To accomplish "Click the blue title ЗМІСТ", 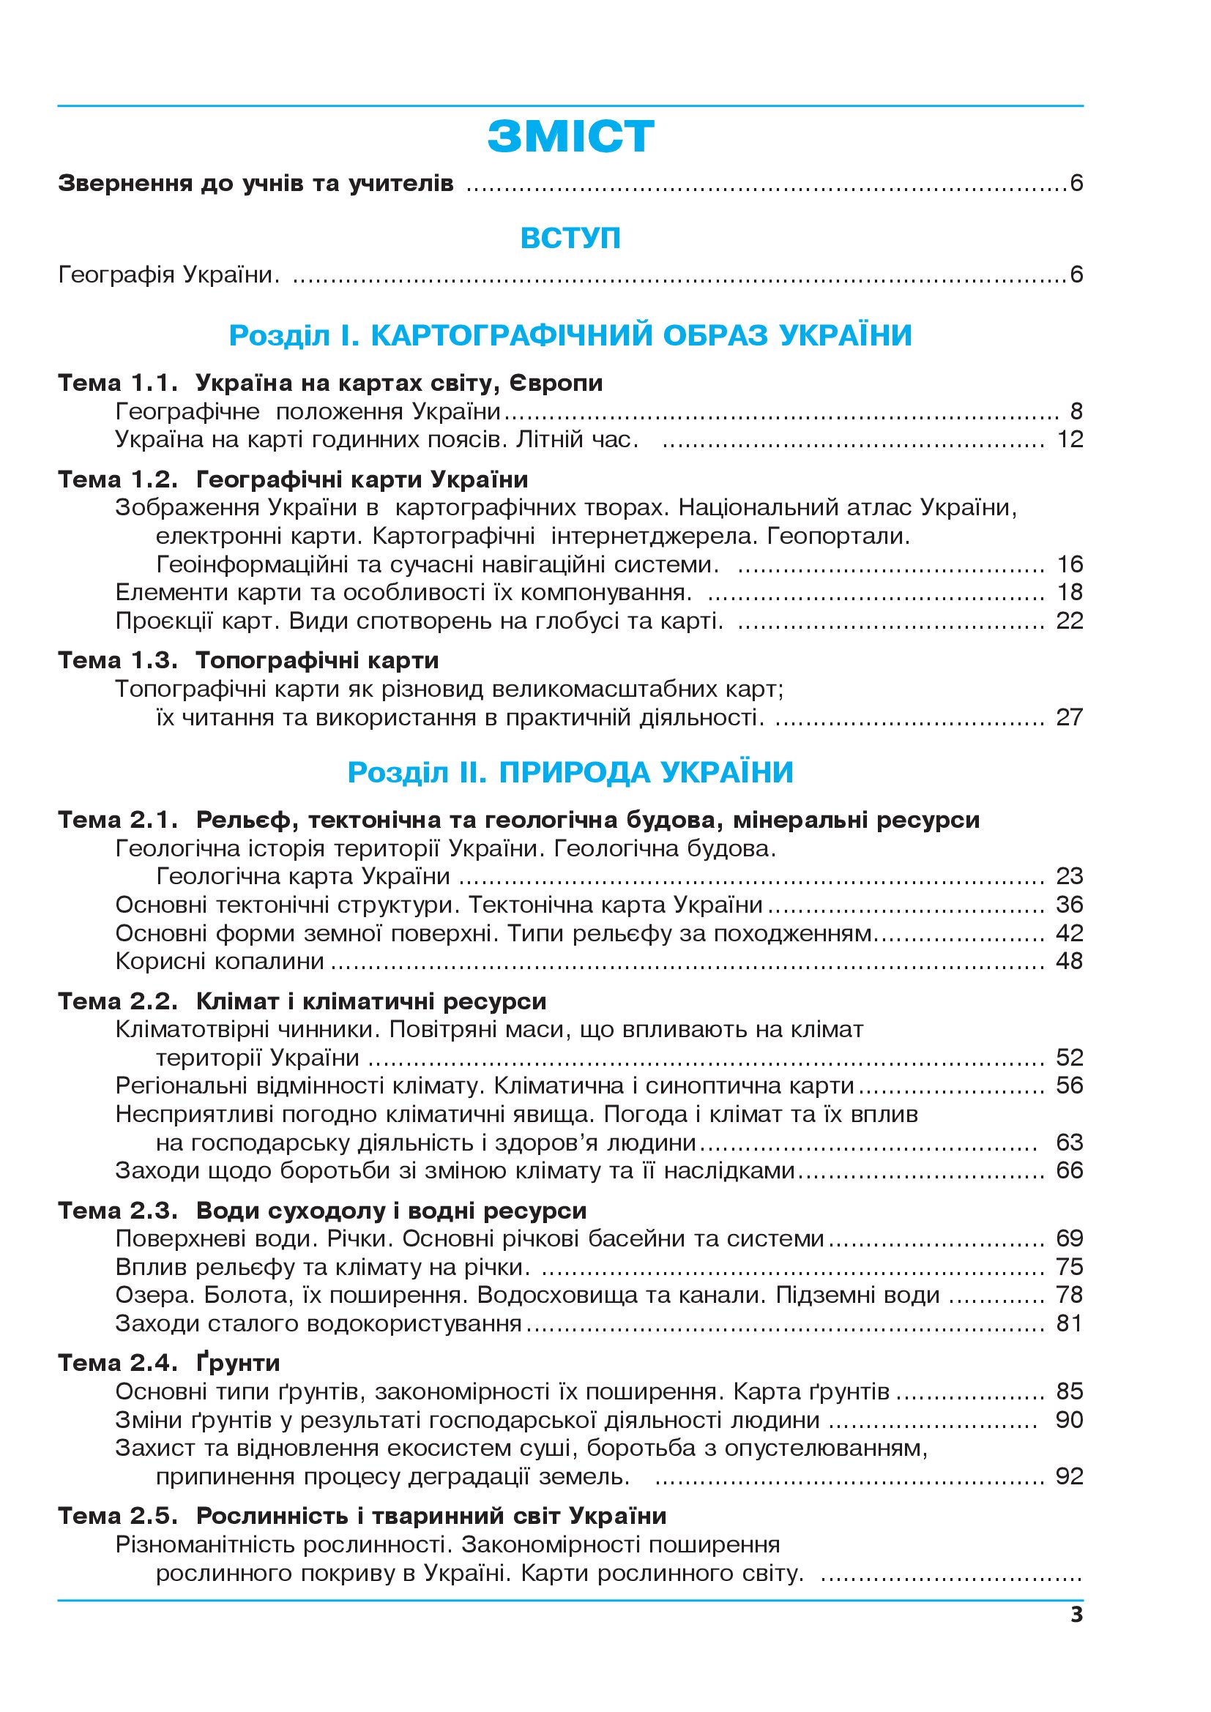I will (570, 137).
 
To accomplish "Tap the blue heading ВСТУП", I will (570, 238).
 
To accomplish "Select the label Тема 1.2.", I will (118, 479).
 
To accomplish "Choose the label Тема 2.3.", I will (118, 1211).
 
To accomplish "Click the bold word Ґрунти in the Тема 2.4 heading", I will (238, 1364).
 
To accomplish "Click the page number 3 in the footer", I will (1076, 1615).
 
